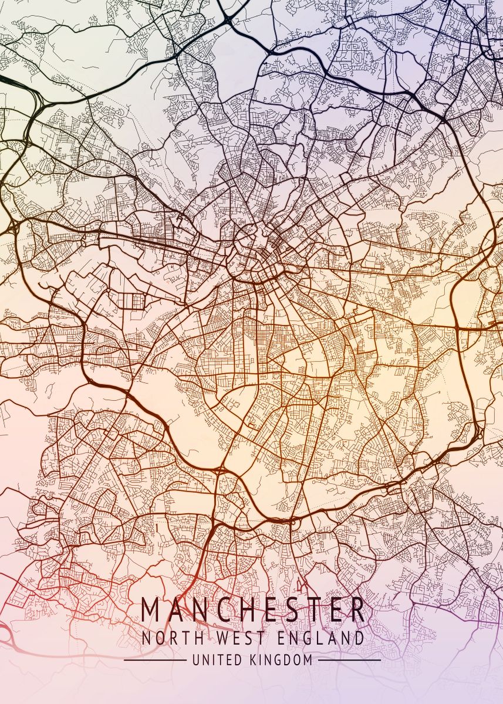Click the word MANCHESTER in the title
point(253,610)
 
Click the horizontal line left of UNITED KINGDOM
point(155,660)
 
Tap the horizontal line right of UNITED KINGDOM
point(349,660)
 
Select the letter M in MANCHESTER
point(151,610)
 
